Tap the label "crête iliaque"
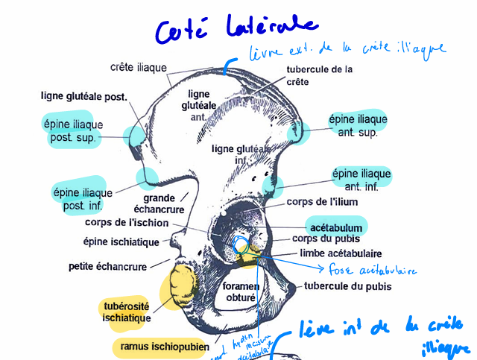138,67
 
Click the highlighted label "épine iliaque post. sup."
72,131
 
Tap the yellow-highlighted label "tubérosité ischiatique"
126,312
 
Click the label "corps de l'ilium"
323,202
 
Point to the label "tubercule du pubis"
348,285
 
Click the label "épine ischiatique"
121,241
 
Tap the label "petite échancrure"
109,265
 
